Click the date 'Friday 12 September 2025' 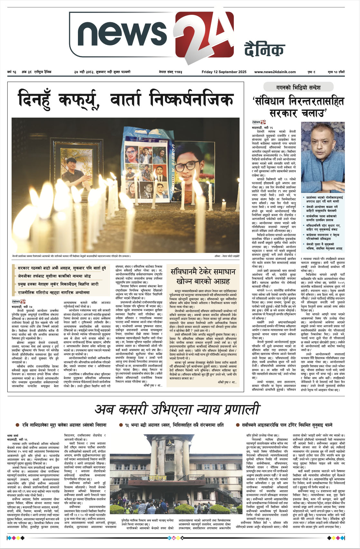224,72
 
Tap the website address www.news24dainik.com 275,72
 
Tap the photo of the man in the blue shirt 322,158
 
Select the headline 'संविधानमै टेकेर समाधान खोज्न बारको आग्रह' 203,276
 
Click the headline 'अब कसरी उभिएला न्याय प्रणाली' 177,409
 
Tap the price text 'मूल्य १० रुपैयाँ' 336,72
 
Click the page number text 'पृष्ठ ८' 311,72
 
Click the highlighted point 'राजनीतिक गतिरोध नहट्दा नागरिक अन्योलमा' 54,293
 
